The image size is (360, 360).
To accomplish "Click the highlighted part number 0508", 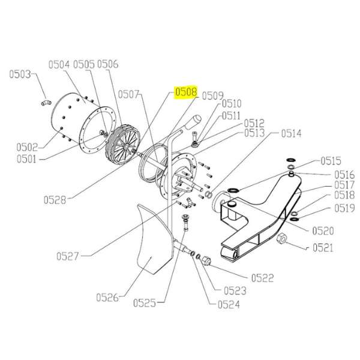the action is (x=186, y=92).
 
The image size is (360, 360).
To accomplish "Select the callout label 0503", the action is (x=20, y=74).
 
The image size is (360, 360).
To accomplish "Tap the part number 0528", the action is (x=55, y=200).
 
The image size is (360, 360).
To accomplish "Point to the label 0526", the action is (x=107, y=298).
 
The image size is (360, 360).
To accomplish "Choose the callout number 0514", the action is (x=291, y=133).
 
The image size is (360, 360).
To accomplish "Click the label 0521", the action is (x=323, y=248).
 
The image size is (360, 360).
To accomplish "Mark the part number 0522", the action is (x=263, y=278).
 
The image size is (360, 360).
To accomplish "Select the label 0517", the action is (x=344, y=185).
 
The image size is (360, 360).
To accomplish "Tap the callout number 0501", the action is (x=26, y=159).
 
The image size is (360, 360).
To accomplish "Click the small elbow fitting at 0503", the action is (x=46, y=103).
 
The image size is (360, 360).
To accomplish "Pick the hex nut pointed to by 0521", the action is (x=282, y=239).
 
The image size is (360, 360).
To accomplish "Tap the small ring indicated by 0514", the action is (x=208, y=195).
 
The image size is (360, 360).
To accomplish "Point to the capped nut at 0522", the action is (x=206, y=260).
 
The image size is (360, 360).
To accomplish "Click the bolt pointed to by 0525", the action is (x=185, y=222).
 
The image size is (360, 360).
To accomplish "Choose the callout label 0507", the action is (x=128, y=94).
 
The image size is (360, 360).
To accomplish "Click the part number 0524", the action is (x=229, y=304).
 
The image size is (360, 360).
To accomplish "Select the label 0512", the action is (x=254, y=124).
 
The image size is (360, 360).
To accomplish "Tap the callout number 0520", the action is (x=323, y=231).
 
